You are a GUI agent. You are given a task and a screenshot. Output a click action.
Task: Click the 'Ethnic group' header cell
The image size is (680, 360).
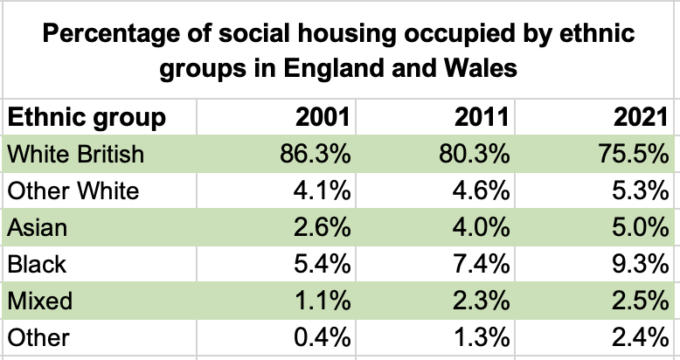pyautogui.click(x=87, y=117)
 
